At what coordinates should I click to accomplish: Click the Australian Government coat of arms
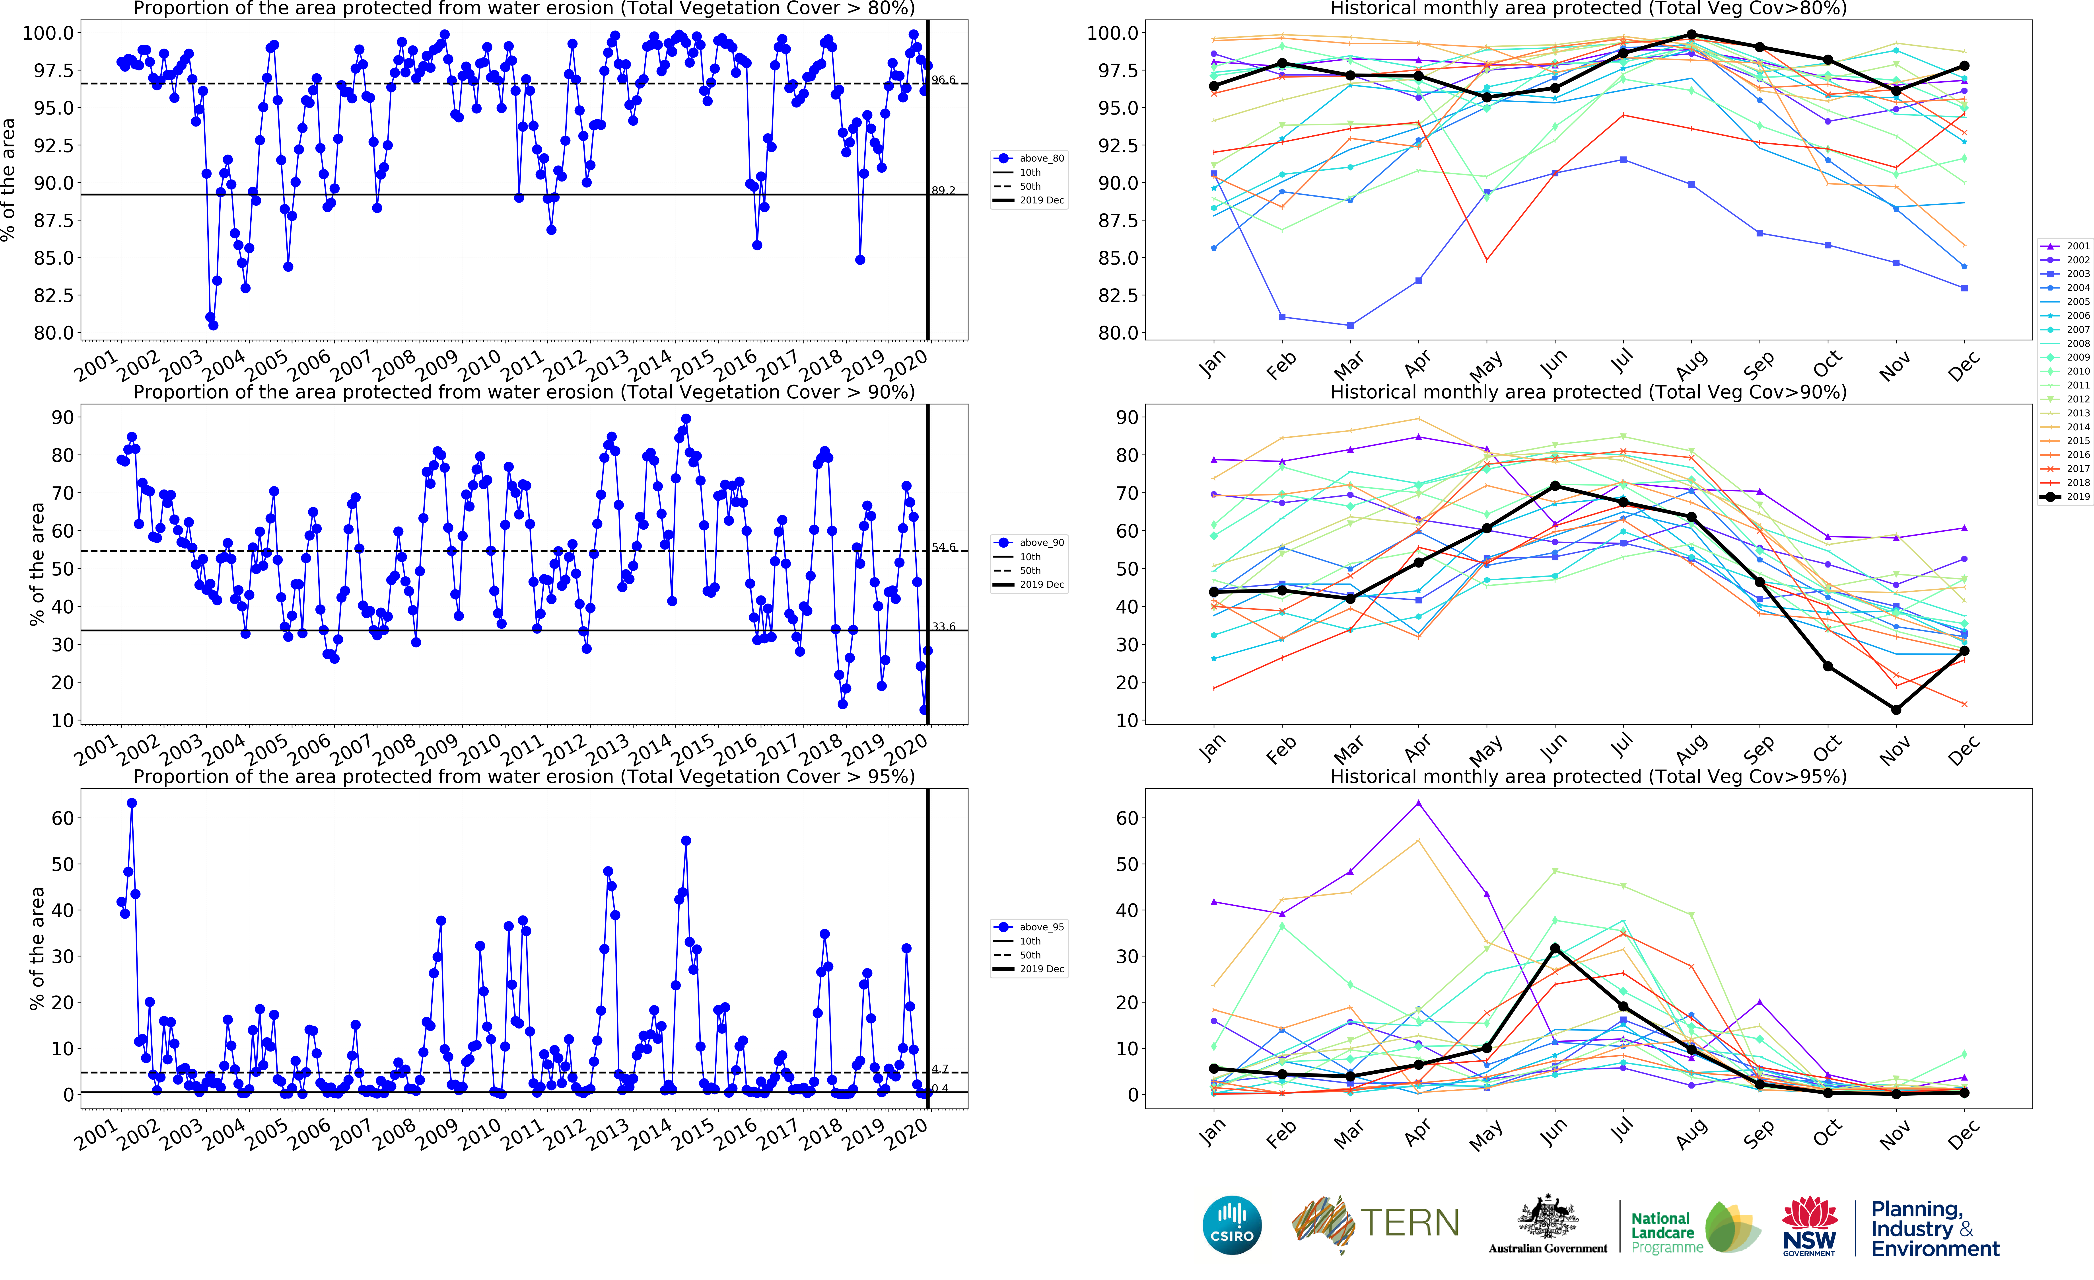coord(1548,1217)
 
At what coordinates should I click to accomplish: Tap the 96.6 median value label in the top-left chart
coord(943,80)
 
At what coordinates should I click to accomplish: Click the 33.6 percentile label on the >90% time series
coord(943,626)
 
